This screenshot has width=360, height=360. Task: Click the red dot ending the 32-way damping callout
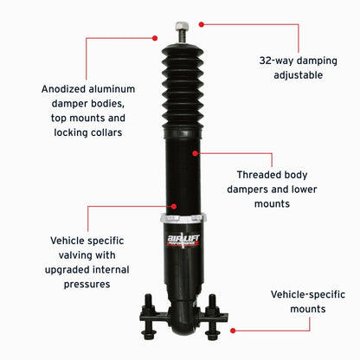[x=201, y=24]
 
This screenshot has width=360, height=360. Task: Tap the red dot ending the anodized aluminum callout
[x=156, y=37]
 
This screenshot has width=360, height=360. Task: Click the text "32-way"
[x=279, y=61]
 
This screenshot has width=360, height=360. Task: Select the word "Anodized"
[x=66, y=88]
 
